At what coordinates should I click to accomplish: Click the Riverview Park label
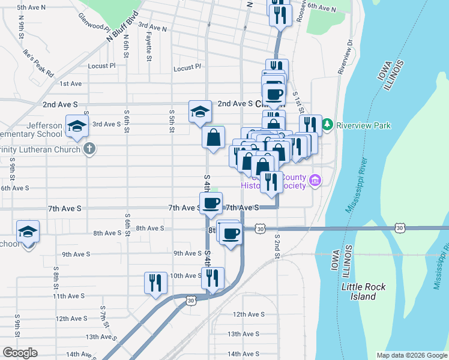pos(364,125)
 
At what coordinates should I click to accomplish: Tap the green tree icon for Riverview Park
pos(327,125)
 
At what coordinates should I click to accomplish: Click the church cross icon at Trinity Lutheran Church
pos(89,149)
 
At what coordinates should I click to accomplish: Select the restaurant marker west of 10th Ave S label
pos(155,283)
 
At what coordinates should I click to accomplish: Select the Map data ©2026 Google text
pos(411,355)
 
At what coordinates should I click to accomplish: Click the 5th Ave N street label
pos(32,8)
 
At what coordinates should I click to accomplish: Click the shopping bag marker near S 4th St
pos(212,138)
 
